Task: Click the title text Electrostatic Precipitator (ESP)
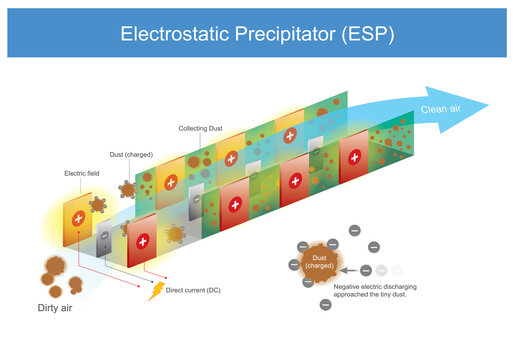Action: pyautogui.click(x=257, y=33)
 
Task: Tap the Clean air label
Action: pyautogui.click(x=442, y=111)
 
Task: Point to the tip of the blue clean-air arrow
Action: pyautogui.click(x=489, y=104)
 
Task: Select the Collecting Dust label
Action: pyautogui.click(x=201, y=129)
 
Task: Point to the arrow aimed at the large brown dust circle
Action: pyautogui.click(x=349, y=270)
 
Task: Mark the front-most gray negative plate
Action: pyautogui.click(x=103, y=241)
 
